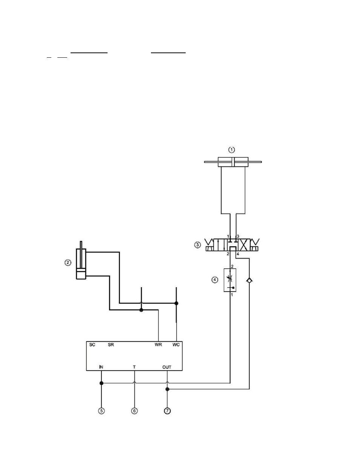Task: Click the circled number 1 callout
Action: click(x=232, y=150)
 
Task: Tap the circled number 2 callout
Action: click(x=68, y=263)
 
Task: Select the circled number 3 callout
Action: click(x=197, y=245)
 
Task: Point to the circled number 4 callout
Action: click(x=215, y=280)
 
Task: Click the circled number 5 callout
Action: click(x=102, y=411)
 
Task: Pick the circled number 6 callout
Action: click(x=134, y=411)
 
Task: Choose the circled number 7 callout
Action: click(x=167, y=411)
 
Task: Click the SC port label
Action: click(x=92, y=345)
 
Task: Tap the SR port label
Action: click(x=111, y=345)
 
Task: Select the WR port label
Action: click(x=158, y=345)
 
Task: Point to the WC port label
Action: click(x=176, y=345)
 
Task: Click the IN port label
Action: click(x=101, y=367)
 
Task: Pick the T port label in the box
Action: click(x=134, y=367)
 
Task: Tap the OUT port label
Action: click(x=167, y=367)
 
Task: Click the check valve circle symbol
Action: click(x=249, y=280)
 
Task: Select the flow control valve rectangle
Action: click(x=230, y=280)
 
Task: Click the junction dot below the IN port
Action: click(x=102, y=383)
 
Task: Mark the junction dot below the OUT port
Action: click(x=168, y=389)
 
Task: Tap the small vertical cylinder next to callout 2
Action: click(x=81, y=264)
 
